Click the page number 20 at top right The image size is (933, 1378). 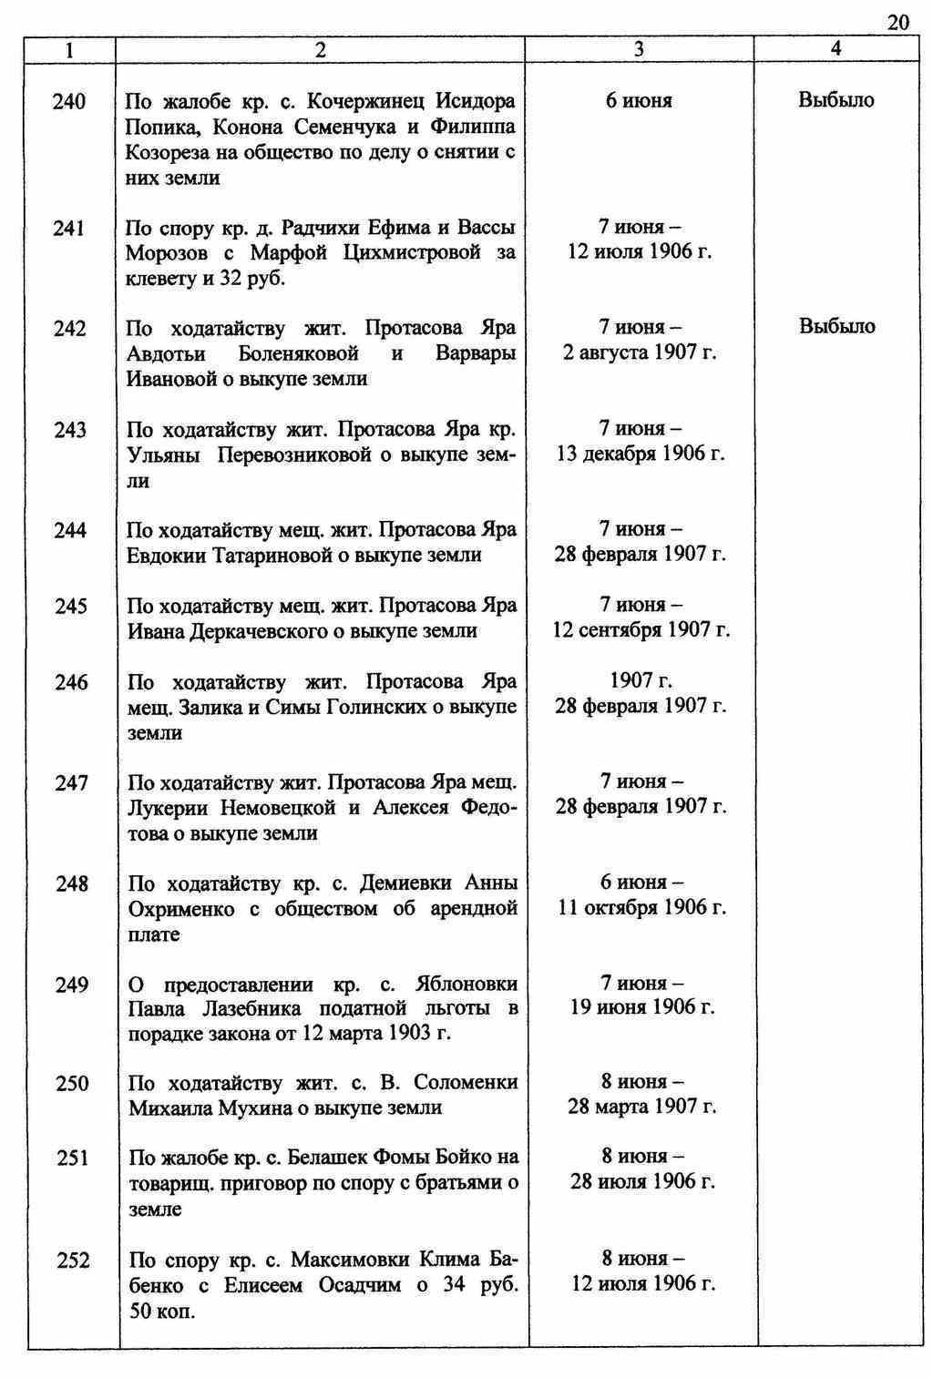[897, 23]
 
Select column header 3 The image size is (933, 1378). [640, 50]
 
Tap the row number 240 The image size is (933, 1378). [69, 101]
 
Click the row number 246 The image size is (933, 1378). [71, 682]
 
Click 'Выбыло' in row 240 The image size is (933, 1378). [836, 100]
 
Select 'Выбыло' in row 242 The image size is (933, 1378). [837, 326]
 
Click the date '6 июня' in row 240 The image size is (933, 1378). [639, 101]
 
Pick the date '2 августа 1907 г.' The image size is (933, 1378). [640, 352]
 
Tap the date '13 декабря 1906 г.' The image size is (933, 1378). [641, 454]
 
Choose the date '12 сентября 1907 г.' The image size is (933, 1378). [641, 629]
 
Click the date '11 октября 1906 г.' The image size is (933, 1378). [642, 908]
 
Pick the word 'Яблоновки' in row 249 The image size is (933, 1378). [466, 985]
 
